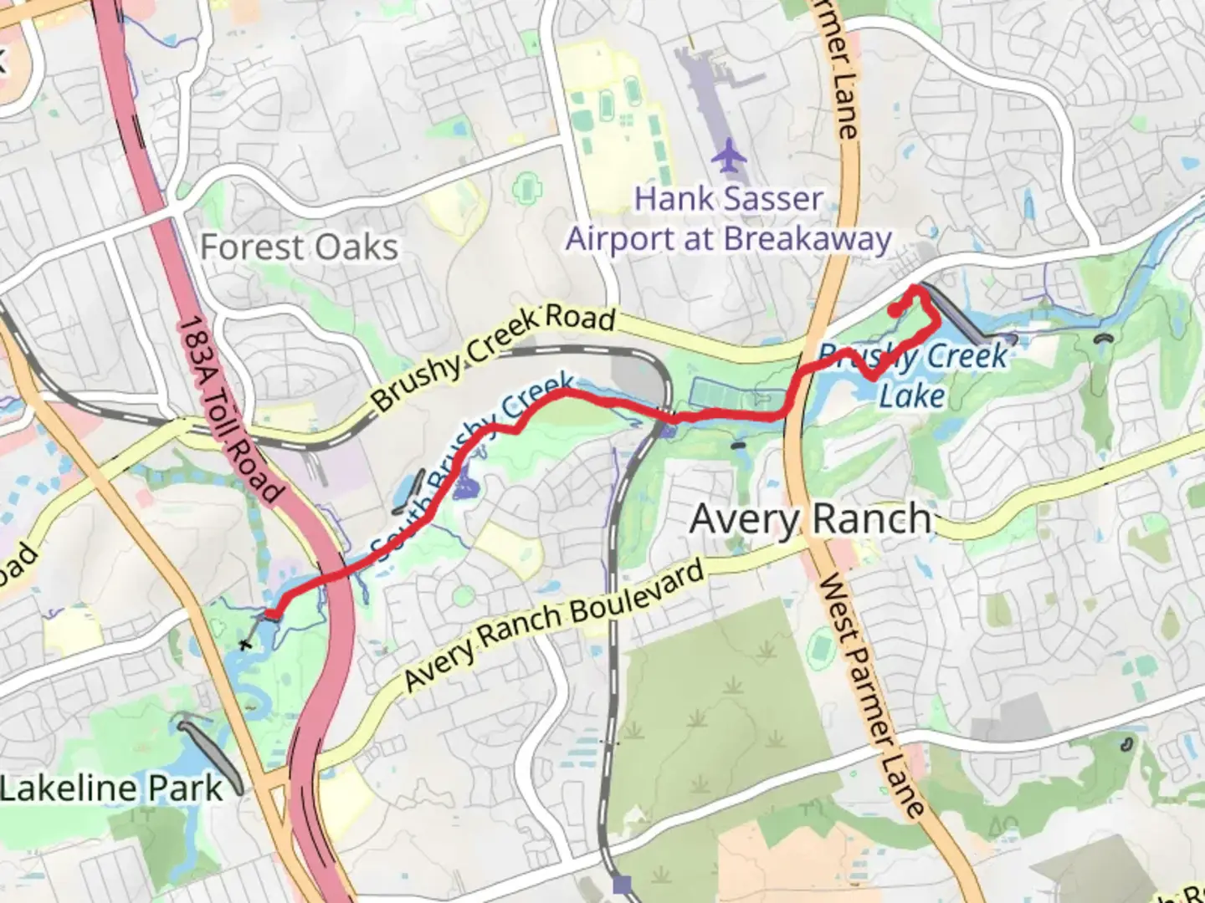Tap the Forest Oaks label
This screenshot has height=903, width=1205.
point(299,247)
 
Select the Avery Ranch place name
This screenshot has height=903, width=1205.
point(810,519)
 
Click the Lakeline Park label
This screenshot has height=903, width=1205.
point(111,788)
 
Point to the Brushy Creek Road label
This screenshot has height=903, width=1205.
point(494,356)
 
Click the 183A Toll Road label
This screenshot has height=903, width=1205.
point(230,410)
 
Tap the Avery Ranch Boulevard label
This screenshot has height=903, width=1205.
point(554,626)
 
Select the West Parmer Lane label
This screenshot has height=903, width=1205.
point(870,694)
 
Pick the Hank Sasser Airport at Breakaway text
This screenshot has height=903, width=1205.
point(728,219)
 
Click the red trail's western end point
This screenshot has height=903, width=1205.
point(272,615)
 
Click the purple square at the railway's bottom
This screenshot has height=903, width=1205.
point(622,884)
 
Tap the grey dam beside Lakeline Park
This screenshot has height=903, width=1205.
point(213,752)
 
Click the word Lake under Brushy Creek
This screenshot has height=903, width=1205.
point(912,395)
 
